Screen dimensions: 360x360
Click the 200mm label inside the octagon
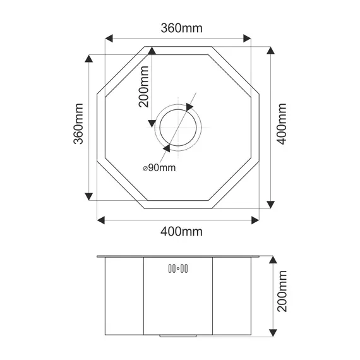pos(144,90)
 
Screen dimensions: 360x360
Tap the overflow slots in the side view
pos(177,269)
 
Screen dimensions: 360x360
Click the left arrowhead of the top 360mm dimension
pos(109,40)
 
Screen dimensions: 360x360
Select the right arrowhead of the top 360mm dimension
pos(247,40)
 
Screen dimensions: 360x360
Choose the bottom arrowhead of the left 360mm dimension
pos(89,196)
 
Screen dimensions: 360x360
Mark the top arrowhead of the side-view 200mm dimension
pos(272,260)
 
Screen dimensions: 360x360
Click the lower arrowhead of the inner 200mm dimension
pos(151,122)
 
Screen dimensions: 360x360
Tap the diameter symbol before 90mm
pos(145,168)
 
